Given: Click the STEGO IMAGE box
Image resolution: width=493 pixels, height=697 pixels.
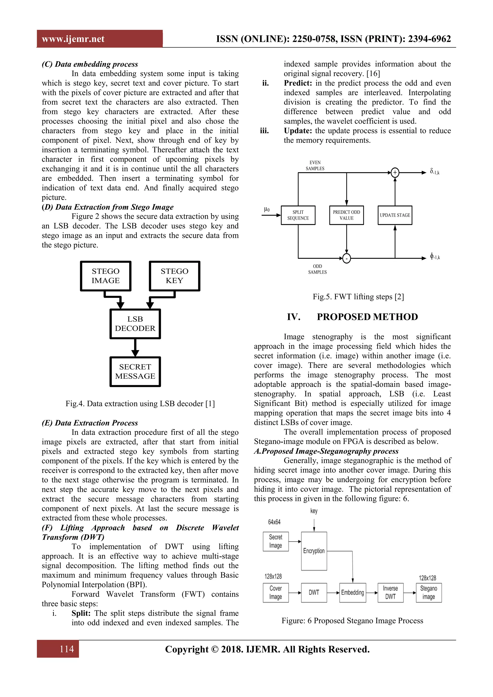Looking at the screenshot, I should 106,276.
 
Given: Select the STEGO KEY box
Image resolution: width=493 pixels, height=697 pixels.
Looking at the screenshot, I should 175,276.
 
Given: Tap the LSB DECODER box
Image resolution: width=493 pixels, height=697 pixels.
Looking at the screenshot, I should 135,324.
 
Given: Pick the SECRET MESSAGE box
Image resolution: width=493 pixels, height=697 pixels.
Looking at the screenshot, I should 135,371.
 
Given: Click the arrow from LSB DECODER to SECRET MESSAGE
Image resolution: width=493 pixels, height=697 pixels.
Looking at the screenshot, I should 135,348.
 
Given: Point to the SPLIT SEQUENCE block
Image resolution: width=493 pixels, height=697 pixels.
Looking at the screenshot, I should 298,215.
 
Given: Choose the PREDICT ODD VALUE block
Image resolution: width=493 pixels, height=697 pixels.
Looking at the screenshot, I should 346,215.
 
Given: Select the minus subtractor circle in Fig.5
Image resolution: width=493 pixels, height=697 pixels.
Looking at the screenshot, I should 346,258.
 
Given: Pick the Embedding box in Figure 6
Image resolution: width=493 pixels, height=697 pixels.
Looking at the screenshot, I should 352,592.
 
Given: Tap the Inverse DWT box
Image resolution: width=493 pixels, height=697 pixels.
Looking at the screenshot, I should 390,592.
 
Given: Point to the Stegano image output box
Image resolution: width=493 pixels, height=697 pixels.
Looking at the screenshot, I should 429,592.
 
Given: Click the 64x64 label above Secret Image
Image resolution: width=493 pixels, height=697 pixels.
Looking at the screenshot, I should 274,522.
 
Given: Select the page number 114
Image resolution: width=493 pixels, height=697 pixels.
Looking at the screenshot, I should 67,649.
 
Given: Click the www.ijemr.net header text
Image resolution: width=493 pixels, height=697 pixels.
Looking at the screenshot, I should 73,39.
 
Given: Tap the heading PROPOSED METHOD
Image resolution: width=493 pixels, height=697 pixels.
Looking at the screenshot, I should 367,317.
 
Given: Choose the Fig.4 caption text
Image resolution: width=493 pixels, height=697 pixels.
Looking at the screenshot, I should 140,404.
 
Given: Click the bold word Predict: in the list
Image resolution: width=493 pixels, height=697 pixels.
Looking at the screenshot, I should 298,83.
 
